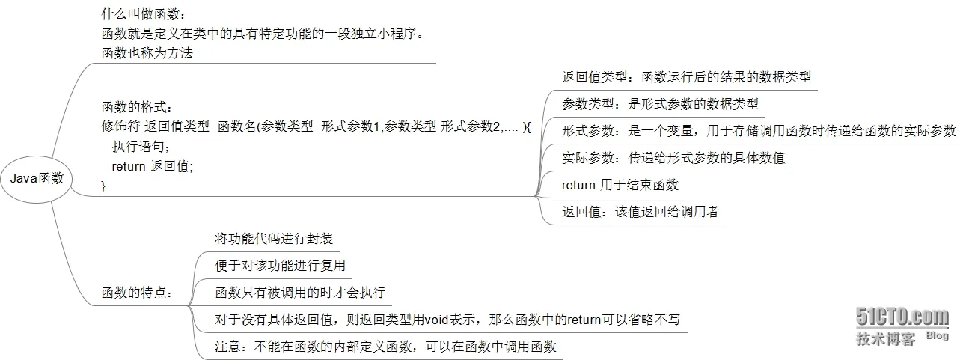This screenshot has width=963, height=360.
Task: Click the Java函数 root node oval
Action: [37, 179]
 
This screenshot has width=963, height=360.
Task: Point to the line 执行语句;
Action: [142, 147]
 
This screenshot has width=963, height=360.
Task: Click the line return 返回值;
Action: [152, 166]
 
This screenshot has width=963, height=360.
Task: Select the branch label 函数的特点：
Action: [136, 293]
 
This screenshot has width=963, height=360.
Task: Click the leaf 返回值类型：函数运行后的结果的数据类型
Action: [686, 77]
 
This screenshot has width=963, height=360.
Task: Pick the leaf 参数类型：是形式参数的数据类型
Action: [660, 104]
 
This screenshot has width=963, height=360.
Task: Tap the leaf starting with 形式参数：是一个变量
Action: [759, 131]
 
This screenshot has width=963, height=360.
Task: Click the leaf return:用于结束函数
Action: [620, 185]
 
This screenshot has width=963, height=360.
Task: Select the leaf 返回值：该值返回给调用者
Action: [640, 212]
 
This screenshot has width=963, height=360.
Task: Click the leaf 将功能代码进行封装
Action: [274, 239]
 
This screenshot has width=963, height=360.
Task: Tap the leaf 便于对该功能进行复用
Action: [280, 266]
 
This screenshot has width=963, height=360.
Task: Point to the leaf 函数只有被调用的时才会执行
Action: [299, 293]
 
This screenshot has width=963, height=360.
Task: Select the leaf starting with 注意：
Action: [386, 347]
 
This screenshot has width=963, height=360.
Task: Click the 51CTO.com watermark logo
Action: [902, 317]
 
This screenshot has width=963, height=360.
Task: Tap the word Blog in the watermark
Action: [937, 336]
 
